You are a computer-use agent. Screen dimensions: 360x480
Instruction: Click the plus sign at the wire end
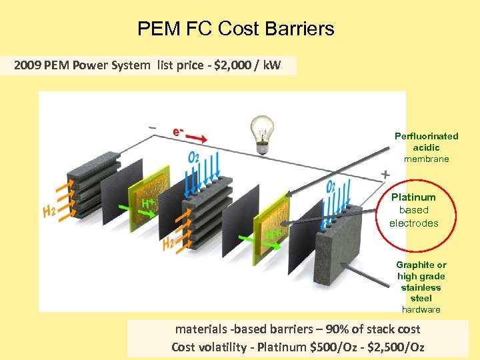385,174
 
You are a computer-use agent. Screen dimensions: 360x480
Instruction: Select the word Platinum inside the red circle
413,197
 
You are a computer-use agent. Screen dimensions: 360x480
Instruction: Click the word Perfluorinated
427,136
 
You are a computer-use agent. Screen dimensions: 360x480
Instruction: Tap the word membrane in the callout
427,159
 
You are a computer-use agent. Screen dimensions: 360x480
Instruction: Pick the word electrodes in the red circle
413,223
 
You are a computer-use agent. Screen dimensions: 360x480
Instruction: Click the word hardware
421,309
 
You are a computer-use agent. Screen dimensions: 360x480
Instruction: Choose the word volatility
224,347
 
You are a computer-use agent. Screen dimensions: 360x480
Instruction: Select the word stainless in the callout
421,287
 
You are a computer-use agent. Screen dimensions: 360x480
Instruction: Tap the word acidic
427,147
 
